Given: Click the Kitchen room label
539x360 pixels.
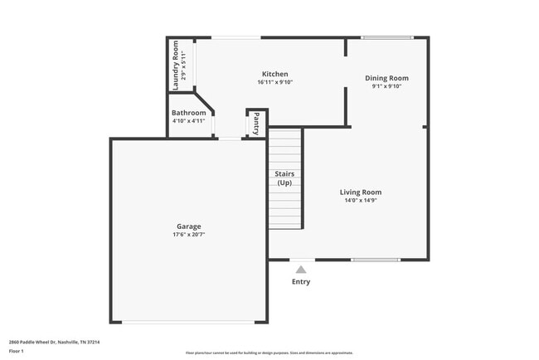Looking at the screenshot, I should click(275, 74).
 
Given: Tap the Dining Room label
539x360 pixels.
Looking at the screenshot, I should click(386, 78).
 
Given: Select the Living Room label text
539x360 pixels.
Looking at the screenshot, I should click(362, 192).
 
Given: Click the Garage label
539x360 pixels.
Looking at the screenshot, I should click(188, 226).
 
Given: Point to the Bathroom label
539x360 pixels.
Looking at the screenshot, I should click(188, 113).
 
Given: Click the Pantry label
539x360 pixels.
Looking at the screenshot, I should click(256, 124).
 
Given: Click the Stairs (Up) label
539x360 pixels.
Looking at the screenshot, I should click(284, 178).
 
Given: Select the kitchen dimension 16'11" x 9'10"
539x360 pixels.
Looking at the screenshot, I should click(275, 82).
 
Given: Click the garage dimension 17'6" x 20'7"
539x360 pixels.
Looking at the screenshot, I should click(188, 235).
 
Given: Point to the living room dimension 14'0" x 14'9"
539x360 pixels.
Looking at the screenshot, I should click(362, 200).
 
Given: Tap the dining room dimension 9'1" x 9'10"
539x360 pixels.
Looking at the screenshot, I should click(386, 86).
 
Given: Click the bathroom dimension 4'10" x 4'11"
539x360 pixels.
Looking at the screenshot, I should click(188, 121).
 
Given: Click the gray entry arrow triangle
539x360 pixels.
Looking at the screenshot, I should click(301, 268).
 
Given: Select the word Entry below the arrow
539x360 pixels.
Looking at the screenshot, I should click(301, 282).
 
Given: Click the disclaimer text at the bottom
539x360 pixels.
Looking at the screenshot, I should click(269, 353).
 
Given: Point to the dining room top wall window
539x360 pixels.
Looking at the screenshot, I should click(386, 37).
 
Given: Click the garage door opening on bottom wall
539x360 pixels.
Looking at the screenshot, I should click(188, 322).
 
